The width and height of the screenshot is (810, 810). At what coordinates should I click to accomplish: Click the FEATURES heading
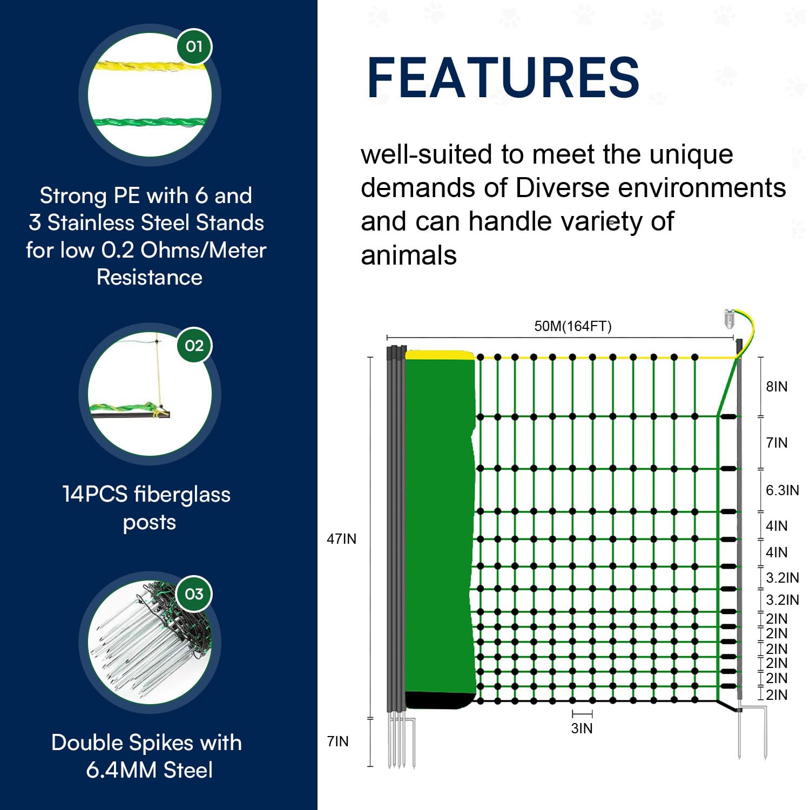click(503, 78)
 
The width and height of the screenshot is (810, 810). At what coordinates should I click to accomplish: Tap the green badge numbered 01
click(194, 47)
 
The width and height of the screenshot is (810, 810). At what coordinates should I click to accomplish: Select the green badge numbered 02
click(194, 346)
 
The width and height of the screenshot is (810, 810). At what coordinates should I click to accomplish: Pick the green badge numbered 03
click(194, 594)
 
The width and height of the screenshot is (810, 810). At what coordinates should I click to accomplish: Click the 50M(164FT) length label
click(572, 326)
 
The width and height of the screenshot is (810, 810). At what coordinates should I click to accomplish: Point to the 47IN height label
click(341, 539)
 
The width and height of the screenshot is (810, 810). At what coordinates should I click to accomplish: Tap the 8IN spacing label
click(777, 387)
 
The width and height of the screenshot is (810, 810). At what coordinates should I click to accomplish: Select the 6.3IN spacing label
click(782, 490)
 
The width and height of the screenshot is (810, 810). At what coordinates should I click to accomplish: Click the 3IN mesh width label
click(582, 728)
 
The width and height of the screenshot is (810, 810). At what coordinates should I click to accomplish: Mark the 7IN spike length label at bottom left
click(338, 741)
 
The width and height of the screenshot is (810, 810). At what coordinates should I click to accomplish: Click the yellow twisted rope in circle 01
click(148, 66)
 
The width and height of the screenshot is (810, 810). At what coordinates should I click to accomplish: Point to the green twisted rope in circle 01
click(148, 122)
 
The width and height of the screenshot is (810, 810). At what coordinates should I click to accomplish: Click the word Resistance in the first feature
click(150, 278)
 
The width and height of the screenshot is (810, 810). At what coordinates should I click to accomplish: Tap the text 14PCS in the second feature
click(95, 494)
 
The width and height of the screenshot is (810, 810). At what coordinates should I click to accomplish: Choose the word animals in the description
click(409, 255)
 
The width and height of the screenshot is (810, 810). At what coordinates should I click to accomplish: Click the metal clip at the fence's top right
click(730, 319)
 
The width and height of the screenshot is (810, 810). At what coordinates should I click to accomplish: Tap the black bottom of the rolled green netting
click(438, 700)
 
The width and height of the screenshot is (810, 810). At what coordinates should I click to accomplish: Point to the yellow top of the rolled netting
click(439, 355)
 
